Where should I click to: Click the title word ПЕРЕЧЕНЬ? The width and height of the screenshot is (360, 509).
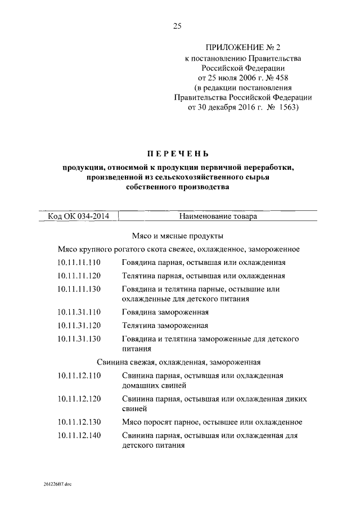(178, 153)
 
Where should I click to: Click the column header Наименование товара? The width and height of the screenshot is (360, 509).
(219, 215)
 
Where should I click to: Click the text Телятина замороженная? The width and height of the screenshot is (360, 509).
(165, 326)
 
